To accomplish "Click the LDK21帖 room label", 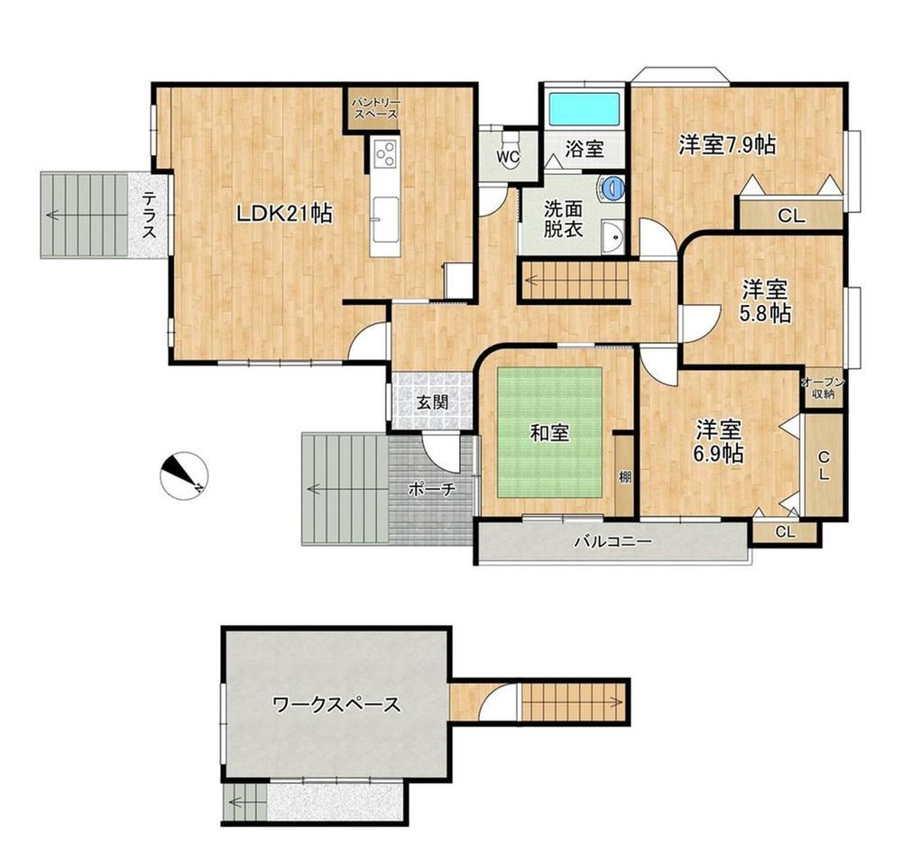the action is [284, 214].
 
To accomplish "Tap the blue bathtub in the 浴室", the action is [584, 109].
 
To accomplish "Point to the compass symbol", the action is [183, 475].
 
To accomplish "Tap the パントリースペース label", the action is [375, 108].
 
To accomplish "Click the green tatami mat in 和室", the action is [549, 432].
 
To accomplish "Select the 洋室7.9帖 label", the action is [727, 145].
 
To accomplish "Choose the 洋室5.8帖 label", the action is [765, 301].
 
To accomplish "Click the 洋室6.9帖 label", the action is [718, 441].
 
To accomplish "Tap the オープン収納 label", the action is [823, 388].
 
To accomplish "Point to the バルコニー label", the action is [613, 541].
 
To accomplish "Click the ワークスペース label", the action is [336, 705].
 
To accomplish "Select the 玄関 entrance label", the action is [433, 402].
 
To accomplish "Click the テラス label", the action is [149, 215].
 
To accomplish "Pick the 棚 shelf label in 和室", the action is [625, 476].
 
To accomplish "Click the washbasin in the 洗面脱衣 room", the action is [613, 235].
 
